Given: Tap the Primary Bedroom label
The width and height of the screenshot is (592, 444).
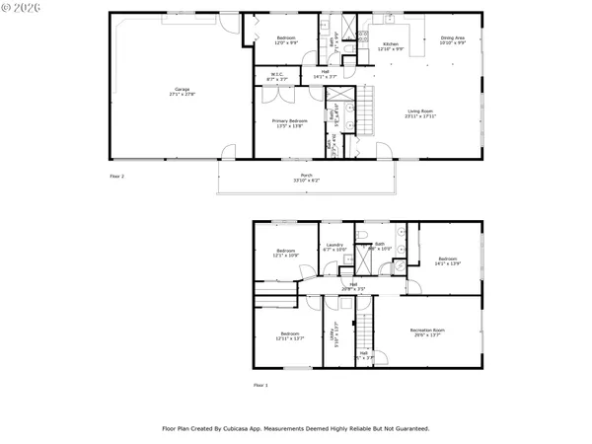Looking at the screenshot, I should (x=290, y=122).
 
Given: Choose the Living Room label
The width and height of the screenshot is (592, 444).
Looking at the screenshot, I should (x=420, y=113).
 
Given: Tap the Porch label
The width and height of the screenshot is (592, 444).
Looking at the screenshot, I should (x=306, y=178).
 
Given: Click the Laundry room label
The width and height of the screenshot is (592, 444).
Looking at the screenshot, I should (x=335, y=247).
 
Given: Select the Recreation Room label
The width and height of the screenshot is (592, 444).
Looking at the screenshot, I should (x=427, y=333).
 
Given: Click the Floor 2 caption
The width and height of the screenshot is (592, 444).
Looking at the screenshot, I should (x=117, y=175).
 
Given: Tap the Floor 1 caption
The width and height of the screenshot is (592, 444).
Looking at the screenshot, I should (x=260, y=385).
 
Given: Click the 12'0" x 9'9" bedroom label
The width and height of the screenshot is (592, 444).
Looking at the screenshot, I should (x=286, y=40).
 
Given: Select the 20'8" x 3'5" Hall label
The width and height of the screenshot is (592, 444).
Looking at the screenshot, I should (x=353, y=287).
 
